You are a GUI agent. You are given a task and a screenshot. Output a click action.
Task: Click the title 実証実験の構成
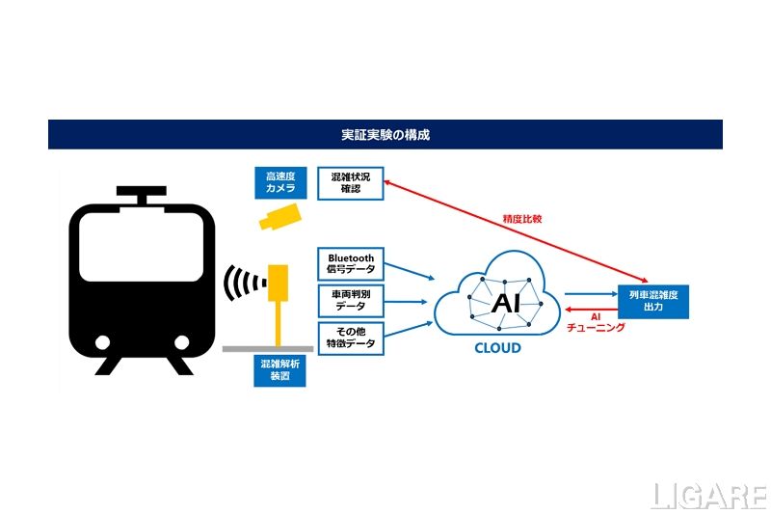385,134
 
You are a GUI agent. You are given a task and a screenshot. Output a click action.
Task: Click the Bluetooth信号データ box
351,263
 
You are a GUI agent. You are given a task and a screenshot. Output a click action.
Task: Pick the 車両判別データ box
351,300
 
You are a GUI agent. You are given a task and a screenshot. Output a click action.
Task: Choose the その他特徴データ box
351,338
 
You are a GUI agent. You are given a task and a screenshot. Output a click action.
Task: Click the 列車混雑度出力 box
654,300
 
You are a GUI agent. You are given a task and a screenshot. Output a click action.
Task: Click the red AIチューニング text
596,322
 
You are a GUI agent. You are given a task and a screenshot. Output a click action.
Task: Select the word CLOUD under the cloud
497,348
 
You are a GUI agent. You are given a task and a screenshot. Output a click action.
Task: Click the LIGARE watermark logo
707,495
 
